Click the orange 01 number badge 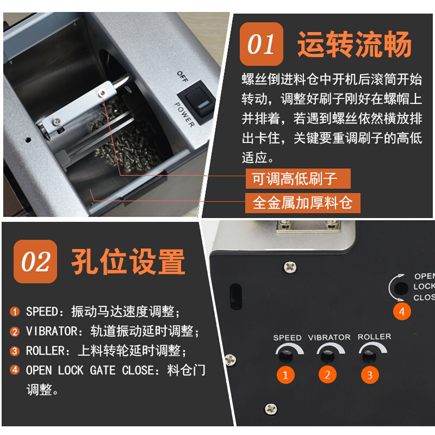click(x=262, y=44)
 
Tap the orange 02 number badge click(x=35, y=262)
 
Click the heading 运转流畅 click(x=354, y=45)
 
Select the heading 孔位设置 click(x=128, y=262)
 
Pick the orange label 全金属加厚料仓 click(x=303, y=203)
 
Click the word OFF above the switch click(x=182, y=77)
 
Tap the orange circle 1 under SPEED click(x=286, y=374)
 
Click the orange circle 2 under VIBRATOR click(x=327, y=374)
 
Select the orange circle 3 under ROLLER click(x=370, y=374)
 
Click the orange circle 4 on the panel click(x=402, y=312)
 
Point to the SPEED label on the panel click(x=287, y=338)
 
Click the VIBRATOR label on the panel click(x=329, y=337)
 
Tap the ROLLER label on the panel click(x=374, y=337)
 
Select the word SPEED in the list click(x=41, y=312)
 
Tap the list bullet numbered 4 click(x=15, y=370)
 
